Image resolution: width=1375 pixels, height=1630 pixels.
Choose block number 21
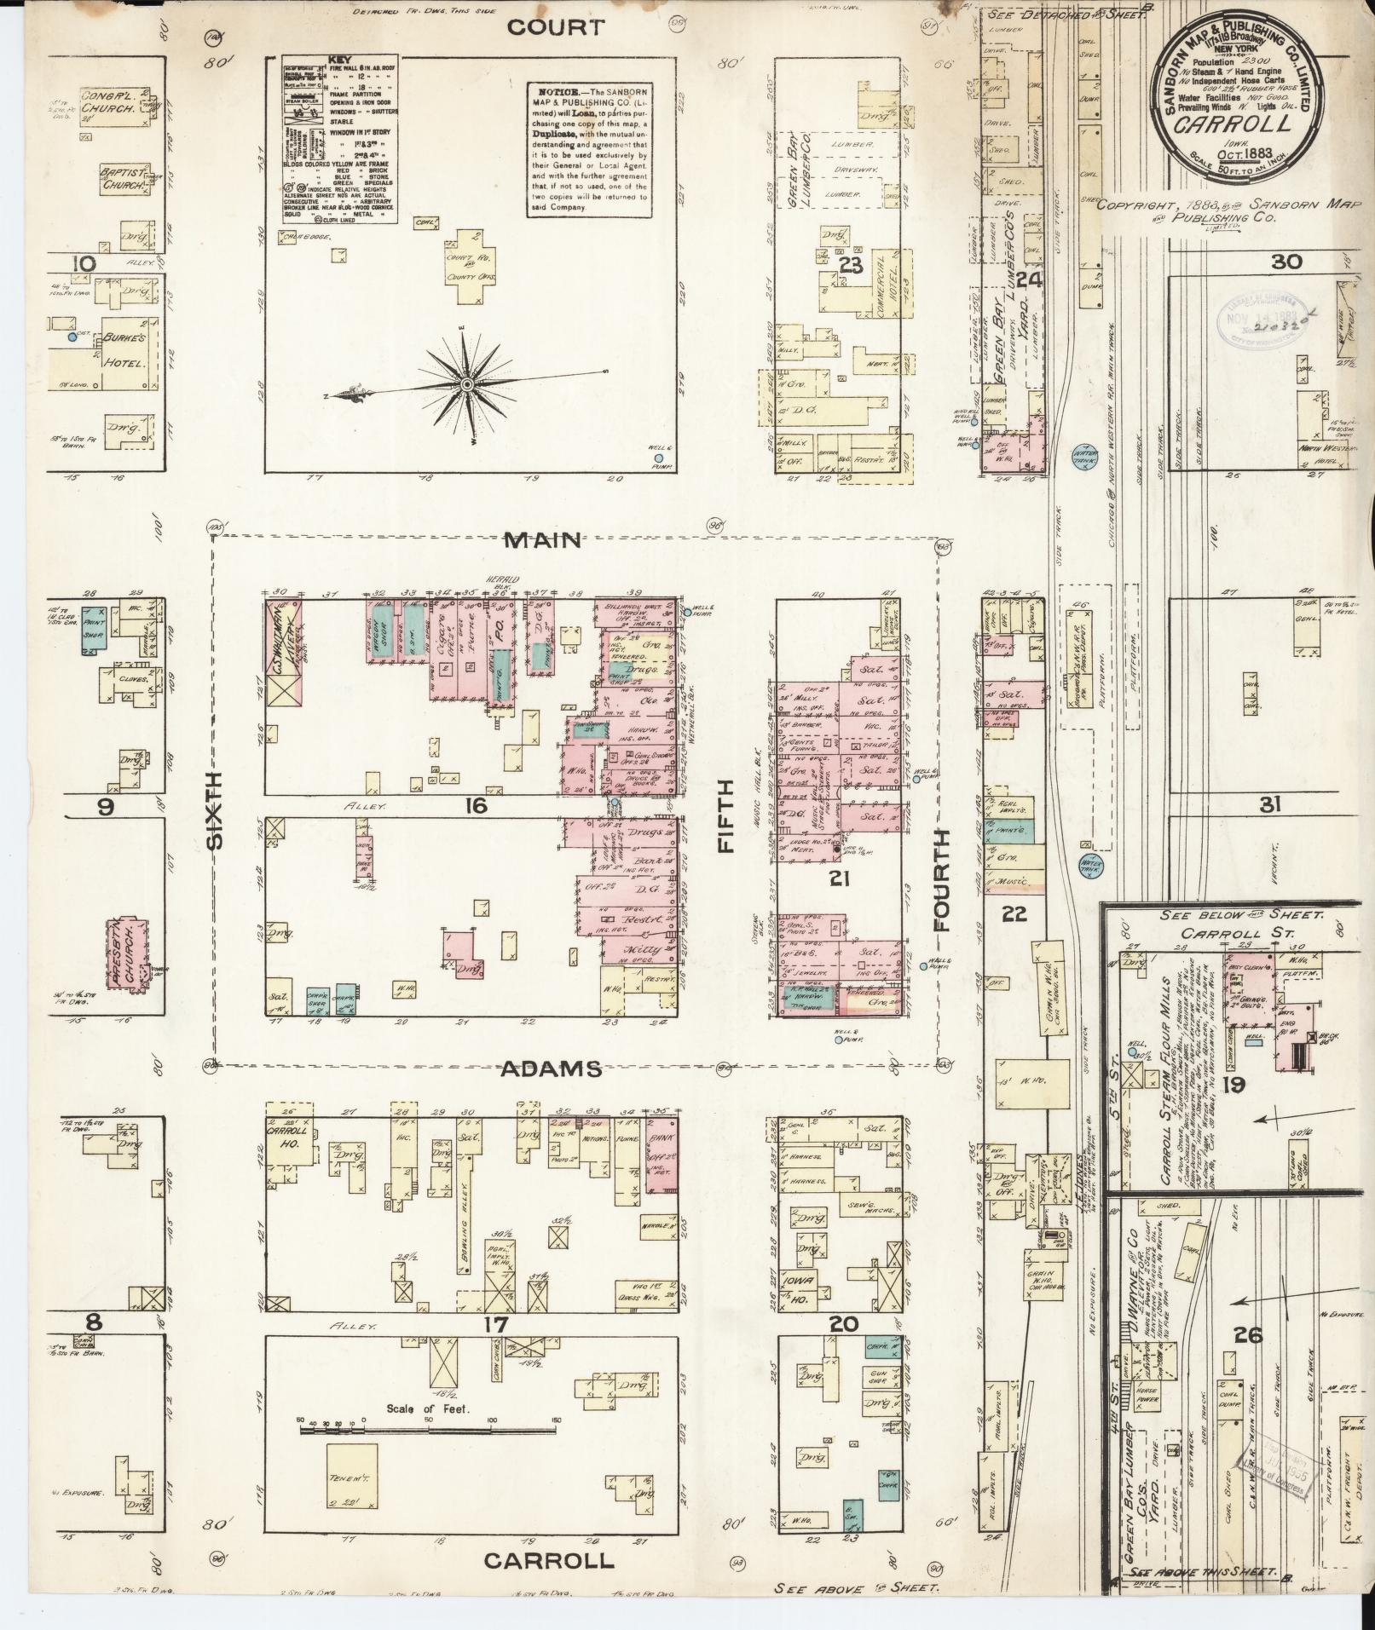[x=840, y=878]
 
